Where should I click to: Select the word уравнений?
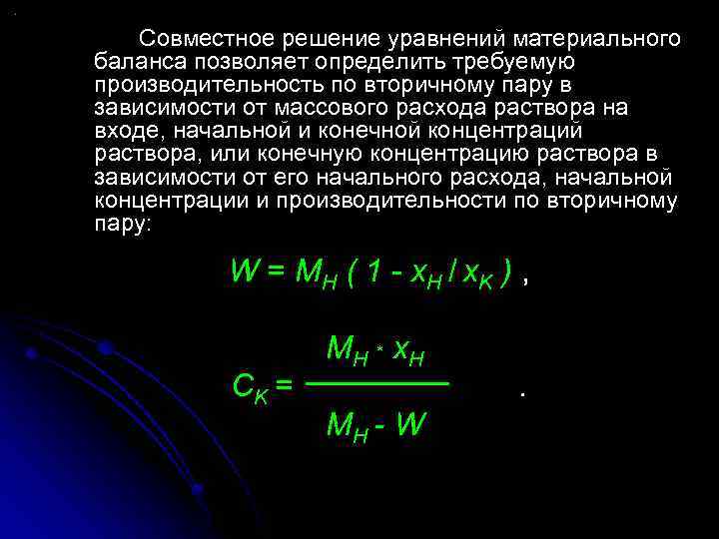(438, 39)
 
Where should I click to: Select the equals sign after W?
(277, 272)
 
